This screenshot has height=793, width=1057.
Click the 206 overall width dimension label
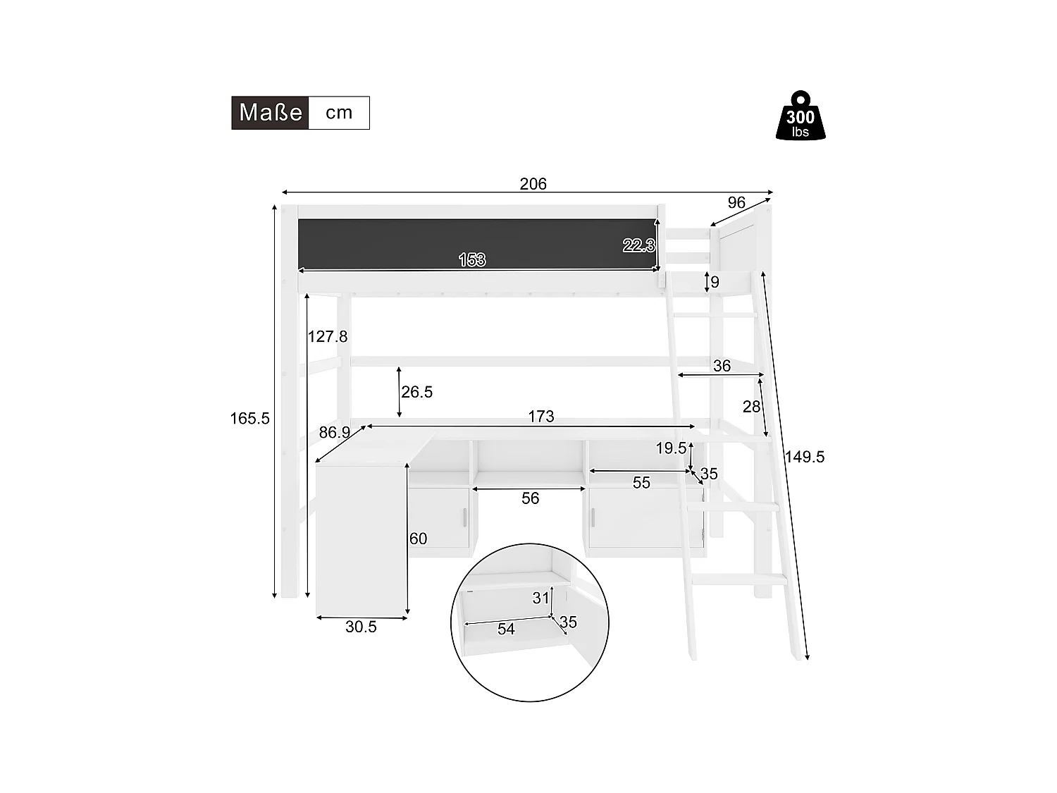(533, 184)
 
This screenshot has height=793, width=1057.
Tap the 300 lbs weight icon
(800, 116)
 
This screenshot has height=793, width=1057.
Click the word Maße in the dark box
(271, 113)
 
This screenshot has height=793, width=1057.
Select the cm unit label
(339, 113)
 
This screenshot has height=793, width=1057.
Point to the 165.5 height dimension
(249, 419)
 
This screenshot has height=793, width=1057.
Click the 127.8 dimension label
(328, 337)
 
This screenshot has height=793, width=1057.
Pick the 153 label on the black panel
(472, 260)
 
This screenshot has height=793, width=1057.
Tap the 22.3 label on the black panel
(638, 245)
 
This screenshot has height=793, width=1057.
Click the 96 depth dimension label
(736, 203)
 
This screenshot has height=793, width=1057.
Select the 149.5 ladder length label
(804, 457)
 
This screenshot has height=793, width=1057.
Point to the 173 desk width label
(541, 417)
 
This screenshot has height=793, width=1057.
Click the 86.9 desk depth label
(335, 433)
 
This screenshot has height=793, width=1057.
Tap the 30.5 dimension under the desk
(361, 627)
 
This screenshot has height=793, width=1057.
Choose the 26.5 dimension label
(416, 392)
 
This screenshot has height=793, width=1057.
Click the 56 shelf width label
(530, 498)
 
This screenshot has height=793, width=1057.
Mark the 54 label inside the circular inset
(506, 629)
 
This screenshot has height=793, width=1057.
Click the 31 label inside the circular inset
(540, 598)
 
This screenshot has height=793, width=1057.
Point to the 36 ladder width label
(722, 366)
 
